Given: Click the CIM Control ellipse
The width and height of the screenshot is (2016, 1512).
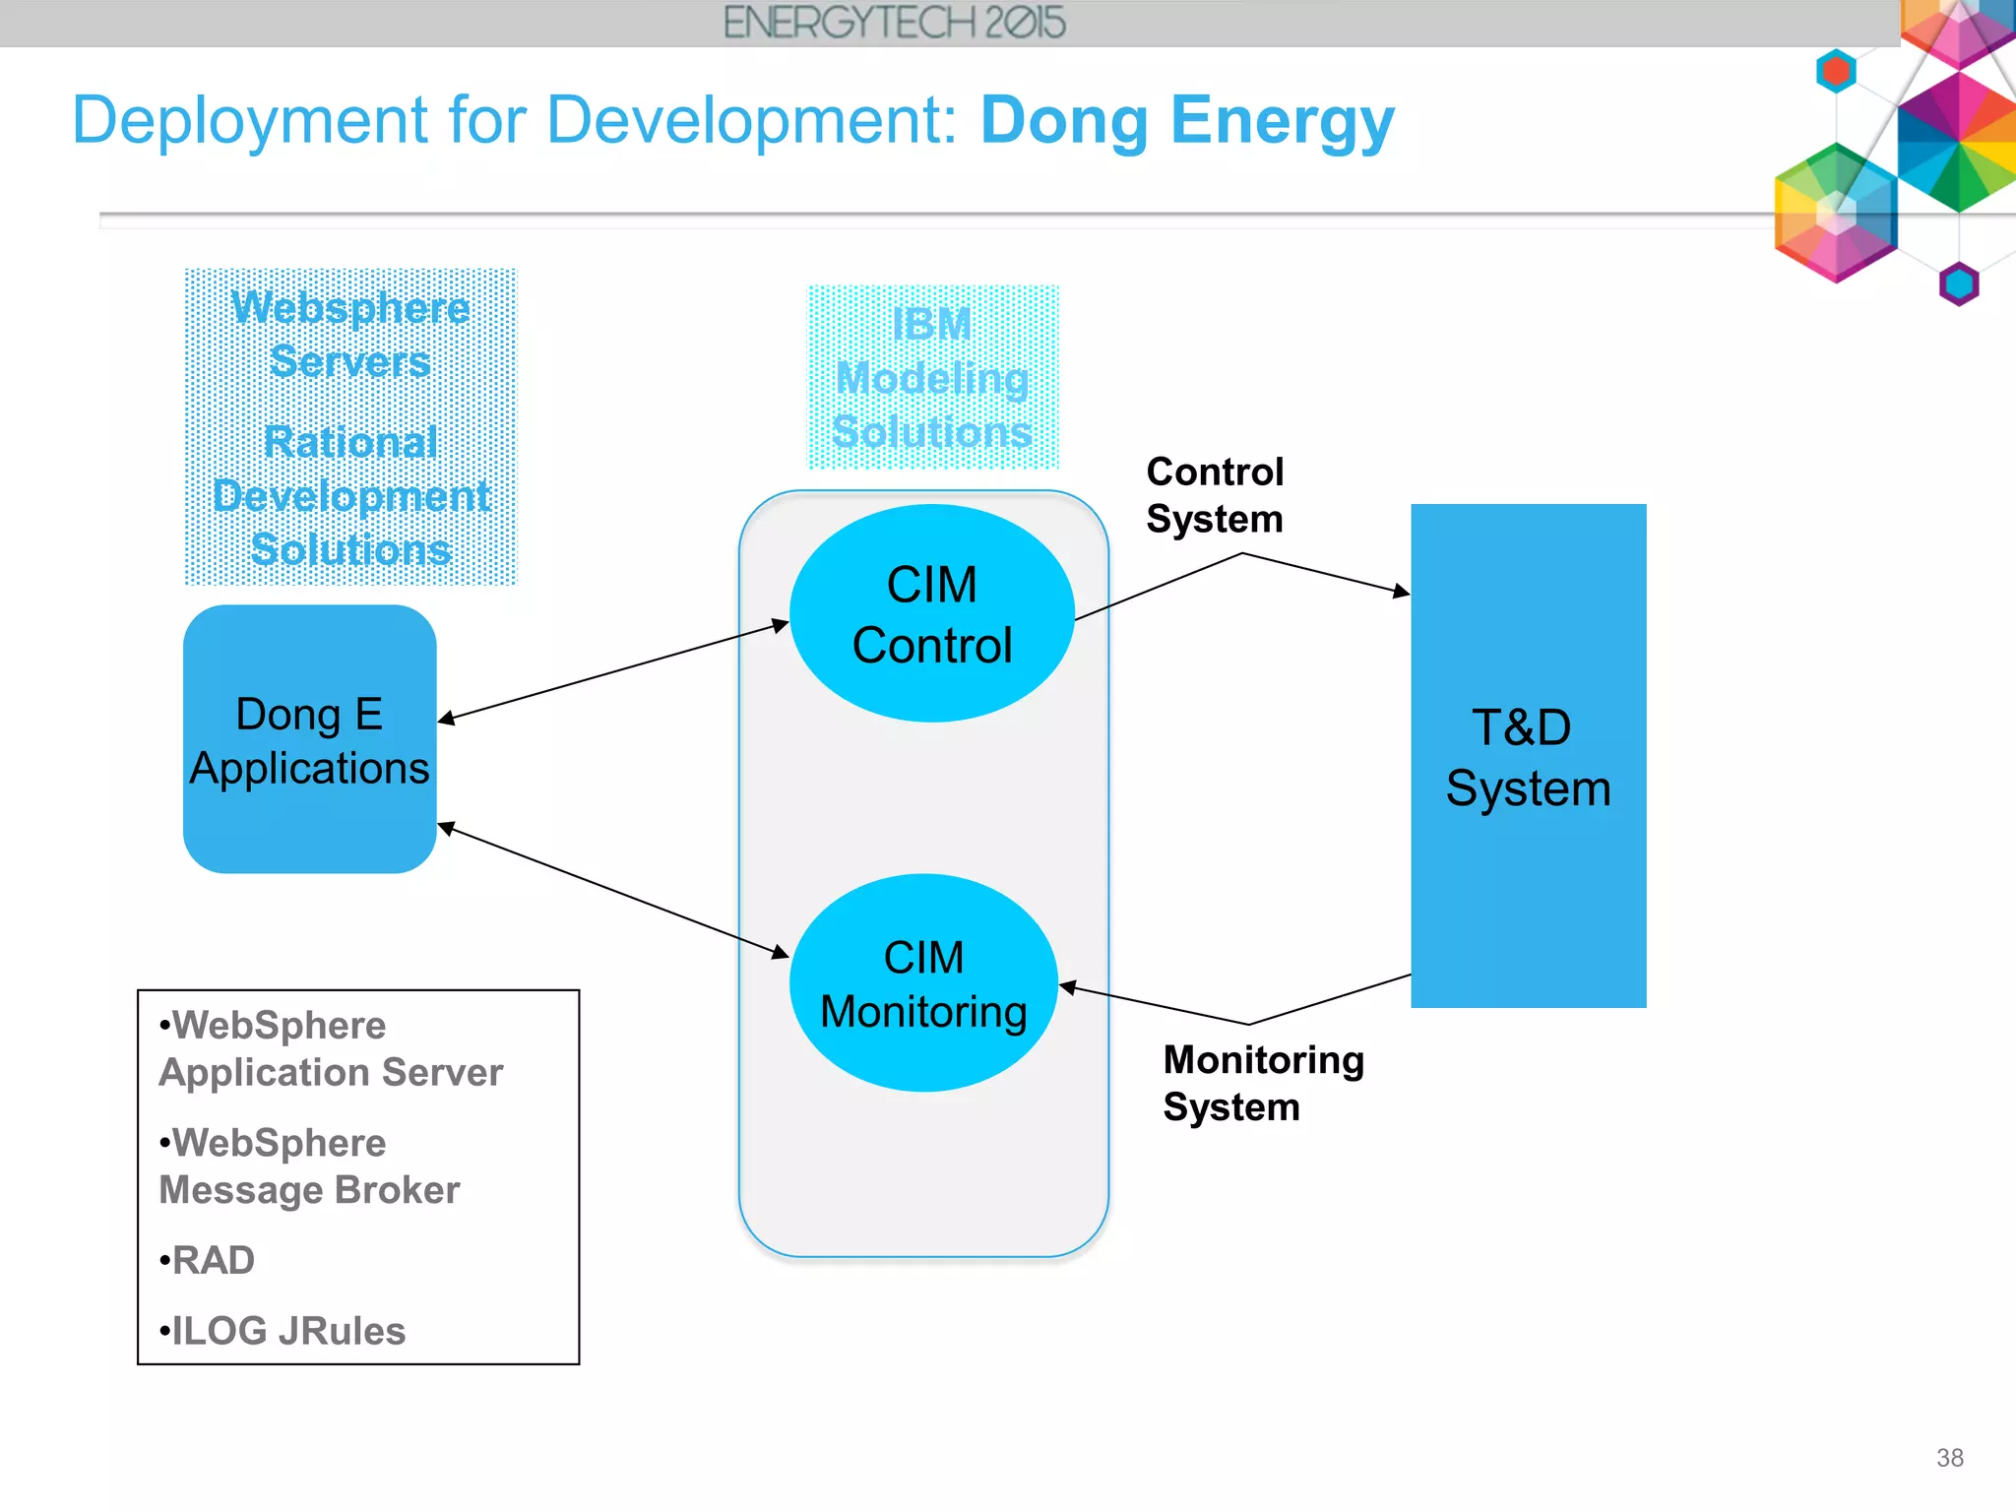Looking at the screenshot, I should [931, 613].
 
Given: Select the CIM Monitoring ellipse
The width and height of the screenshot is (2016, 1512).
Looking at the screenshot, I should [923, 983].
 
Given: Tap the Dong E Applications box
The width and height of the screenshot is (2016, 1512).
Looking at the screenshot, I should [309, 740].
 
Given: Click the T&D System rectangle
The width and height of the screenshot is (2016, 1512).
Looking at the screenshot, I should [1528, 756].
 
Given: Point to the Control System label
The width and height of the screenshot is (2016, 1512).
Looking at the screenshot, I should [1215, 495].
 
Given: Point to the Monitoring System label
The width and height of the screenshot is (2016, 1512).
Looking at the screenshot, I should [1263, 1083].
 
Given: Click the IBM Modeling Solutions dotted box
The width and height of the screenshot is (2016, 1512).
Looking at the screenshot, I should [932, 378].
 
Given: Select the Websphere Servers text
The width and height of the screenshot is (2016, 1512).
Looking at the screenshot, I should [350, 335].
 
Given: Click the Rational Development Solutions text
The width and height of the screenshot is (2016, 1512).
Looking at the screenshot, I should [350, 496].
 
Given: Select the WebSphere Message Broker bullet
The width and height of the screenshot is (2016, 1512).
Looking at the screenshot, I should [308, 1166].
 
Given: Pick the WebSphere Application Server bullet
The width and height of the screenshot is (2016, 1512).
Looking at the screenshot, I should [330, 1048].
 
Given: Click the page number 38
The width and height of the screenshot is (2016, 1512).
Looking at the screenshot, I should [1949, 1458].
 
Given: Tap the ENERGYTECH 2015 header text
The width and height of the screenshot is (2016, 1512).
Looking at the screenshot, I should [894, 23].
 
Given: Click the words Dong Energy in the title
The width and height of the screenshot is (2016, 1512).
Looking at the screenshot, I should [1187, 121].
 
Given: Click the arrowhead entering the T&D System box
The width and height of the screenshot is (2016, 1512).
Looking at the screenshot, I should [1402, 592].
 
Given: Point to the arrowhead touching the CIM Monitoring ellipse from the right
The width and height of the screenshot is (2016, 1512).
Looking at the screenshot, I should [1068, 986].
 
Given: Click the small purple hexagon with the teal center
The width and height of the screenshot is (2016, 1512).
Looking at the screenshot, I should [1958, 284].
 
